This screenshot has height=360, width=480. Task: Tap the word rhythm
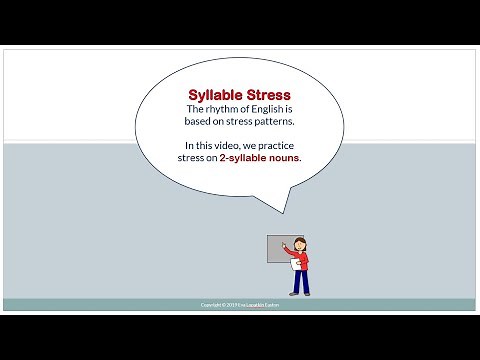231,110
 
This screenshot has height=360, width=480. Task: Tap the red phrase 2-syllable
233,158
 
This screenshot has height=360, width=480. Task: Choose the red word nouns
282,158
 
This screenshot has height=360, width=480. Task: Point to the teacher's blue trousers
301,279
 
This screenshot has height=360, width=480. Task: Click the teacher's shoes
300,293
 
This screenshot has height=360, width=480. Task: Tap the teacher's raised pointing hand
283,242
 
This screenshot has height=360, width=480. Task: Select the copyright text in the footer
240,305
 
